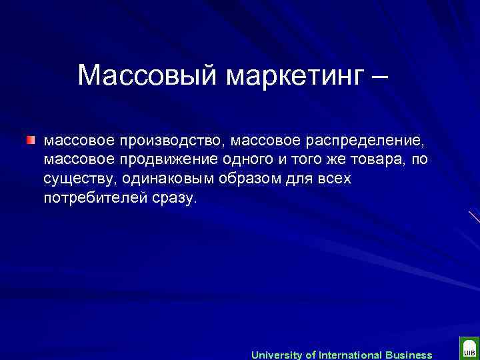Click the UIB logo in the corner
click(x=468, y=350)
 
